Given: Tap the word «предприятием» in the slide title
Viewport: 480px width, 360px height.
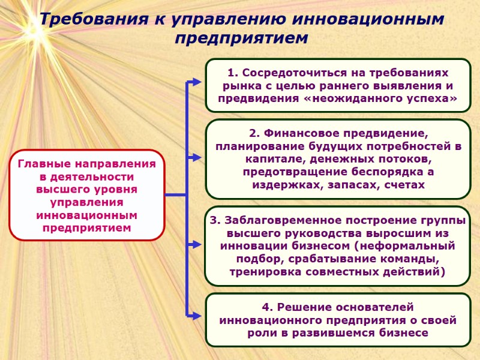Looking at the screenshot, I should (x=241, y=38).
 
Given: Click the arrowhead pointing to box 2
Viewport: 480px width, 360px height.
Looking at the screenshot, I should (x=198, y=158).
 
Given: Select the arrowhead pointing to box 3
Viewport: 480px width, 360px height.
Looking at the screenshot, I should (x=198, y=245).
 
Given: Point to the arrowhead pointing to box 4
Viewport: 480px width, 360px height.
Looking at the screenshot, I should (x=198, y=314).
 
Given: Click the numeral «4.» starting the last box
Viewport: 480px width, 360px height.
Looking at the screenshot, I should (x=268, y=307).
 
